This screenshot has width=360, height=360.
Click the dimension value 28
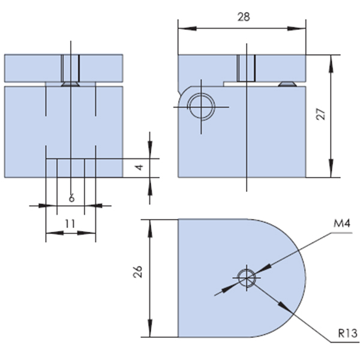(244, 17)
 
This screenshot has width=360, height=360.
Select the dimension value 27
(321, 114)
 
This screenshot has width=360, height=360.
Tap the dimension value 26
(138, 272)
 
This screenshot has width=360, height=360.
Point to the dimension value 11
(70, 224)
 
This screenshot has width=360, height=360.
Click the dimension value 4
(139, 167)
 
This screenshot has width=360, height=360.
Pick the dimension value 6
(72, 198)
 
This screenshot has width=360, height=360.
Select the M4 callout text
(342, 223)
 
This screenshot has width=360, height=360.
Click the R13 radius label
(348, 334)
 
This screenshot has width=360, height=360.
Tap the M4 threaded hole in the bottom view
(247, 278)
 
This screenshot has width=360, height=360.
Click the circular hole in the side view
(202, 107)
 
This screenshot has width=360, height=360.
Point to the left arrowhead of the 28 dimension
(187, 28)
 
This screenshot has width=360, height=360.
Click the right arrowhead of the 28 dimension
(296, 28)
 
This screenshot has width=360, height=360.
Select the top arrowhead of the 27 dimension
(331, 64)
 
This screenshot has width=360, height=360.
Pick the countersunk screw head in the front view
(70, 84)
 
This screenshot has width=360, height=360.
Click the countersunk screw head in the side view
(287, 84)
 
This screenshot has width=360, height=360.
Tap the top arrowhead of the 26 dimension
(150, 229)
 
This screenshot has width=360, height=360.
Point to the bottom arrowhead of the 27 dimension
(331, 168)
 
